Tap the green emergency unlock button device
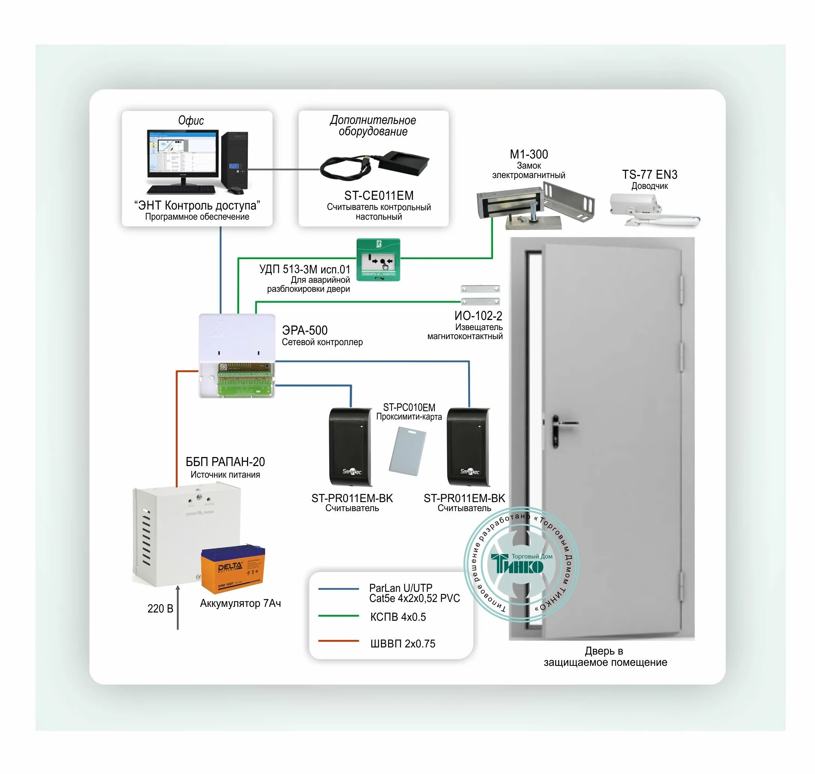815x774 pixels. [x=378, y=260]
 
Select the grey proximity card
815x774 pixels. [x=407, y=451]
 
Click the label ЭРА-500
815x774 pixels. [x=304, y=330]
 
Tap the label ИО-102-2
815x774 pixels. [x=478, y=316]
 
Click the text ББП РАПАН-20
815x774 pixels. [x=225, y=462]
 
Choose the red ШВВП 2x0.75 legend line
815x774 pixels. [x=338, y=641]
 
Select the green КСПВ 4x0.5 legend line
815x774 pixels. [x=338, y=616]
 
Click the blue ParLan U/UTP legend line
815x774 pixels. [x=338, y=589]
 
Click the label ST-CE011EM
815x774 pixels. [x=379, y=196]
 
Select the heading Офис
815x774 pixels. [x=191, y=121]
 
